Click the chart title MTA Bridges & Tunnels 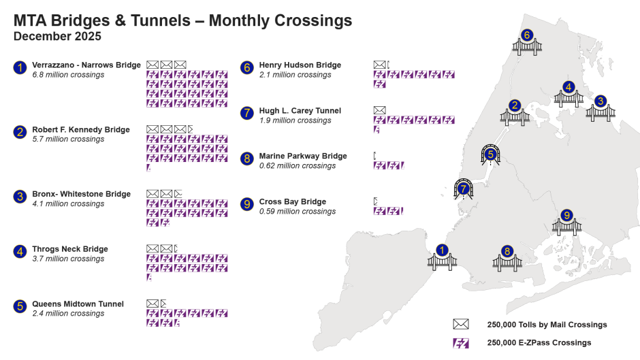click(x=182, y=20)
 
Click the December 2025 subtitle click(x=57, y=36)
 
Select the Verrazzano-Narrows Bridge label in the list click(x=86, y=65)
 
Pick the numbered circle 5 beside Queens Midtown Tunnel click(x=20, y=306)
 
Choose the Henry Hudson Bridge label click(x=300, y=65)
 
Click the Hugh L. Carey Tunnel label click(x=300, y=111)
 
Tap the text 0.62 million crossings click(x=297, y=165)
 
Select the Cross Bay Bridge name click(x=292, y=201)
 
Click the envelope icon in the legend click(x=462, y=324)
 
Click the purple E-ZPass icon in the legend click(x=462, y=343)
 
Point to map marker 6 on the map click(x=526, y=35)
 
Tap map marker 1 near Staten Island click(x=443, y=250)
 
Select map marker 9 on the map click(x=566, y=216)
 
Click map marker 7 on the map click(x=464, y=189)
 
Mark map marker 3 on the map click(x=600, y=101)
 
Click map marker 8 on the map click(x=507, y=251)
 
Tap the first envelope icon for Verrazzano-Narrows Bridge click(x=153, y=65)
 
